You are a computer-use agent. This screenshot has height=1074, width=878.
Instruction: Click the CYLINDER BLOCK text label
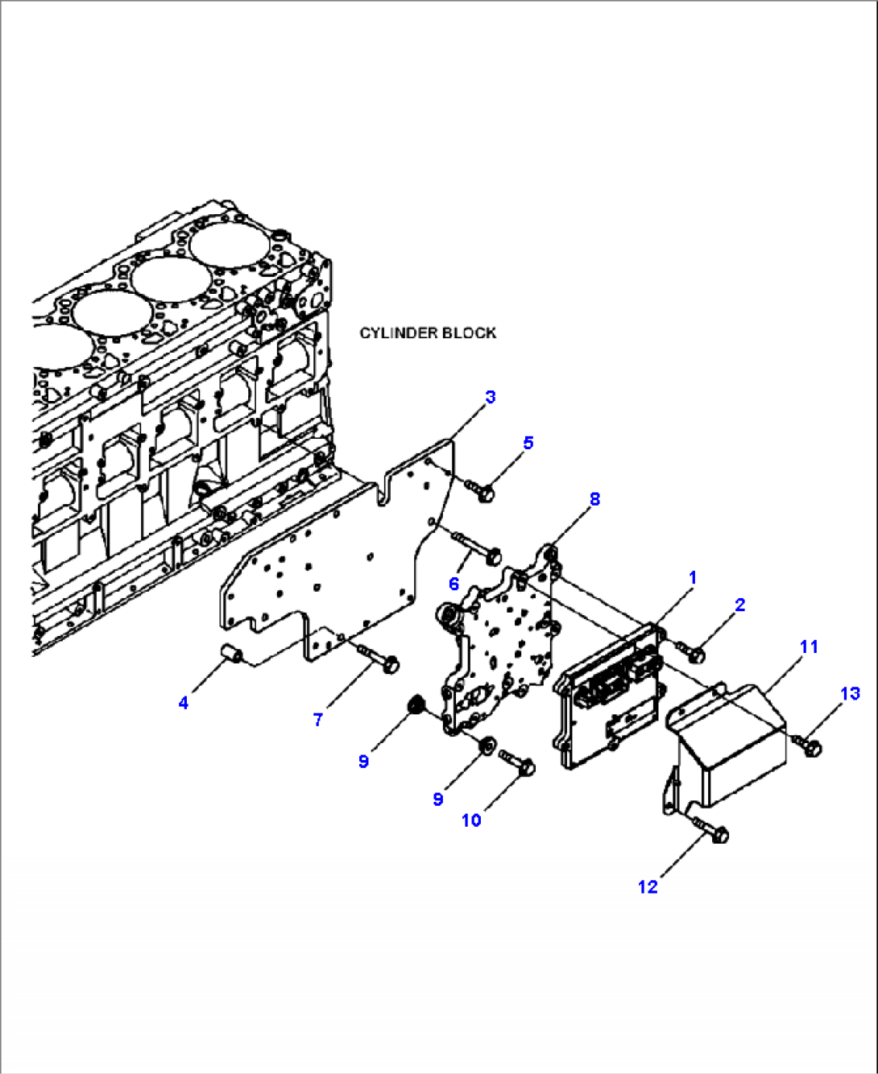428,333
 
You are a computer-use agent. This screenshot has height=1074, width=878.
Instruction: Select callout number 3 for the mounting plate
490,397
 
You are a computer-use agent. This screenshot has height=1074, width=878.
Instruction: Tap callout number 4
184,703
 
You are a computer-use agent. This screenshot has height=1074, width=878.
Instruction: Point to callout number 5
528,443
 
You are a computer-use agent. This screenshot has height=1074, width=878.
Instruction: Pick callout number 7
318,720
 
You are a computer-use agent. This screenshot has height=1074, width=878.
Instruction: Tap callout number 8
594,499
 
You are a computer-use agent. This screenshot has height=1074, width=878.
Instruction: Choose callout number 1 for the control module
692,578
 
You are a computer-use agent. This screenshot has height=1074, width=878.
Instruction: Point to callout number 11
809,646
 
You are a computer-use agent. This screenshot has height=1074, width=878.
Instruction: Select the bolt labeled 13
808,746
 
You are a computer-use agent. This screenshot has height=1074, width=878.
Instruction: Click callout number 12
648,887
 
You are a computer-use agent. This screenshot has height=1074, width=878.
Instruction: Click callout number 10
471,820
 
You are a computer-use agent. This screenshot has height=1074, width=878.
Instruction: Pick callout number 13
850,694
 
